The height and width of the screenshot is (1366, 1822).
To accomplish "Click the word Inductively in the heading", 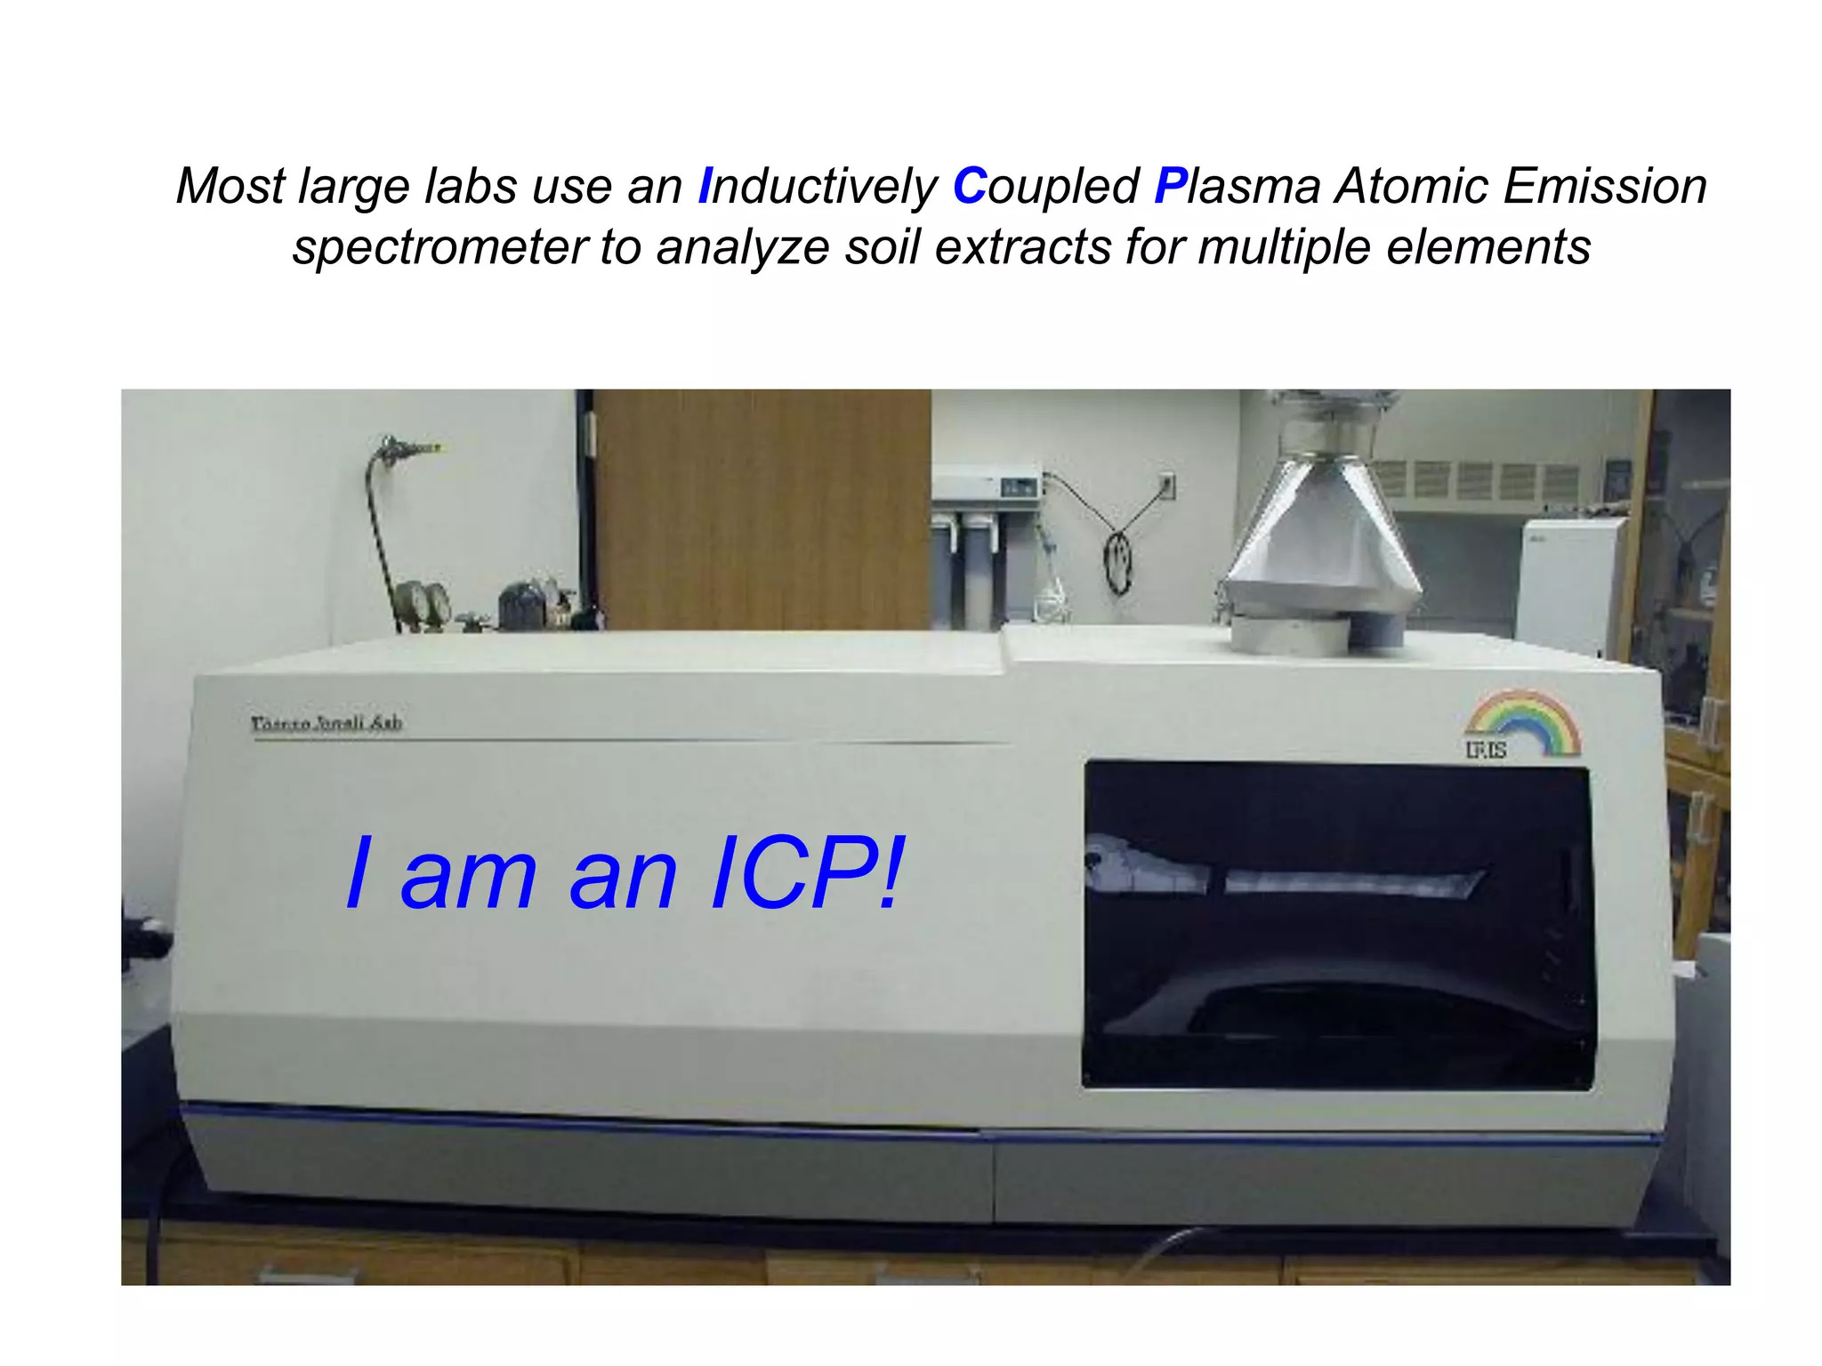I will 818,188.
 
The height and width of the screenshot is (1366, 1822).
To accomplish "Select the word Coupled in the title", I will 1045,187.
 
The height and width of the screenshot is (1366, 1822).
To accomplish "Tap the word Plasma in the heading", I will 1238,187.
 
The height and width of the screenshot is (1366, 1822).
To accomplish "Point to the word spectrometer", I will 439,247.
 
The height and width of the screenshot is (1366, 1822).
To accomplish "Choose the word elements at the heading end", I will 1488,247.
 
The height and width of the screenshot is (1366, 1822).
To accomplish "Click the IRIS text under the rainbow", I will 1486,751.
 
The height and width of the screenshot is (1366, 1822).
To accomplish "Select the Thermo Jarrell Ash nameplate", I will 327,724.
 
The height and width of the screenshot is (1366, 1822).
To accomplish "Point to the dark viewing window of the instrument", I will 1337,925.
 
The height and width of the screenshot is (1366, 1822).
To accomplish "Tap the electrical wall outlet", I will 1167,486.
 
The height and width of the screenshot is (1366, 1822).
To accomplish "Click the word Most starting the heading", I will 230,187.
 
